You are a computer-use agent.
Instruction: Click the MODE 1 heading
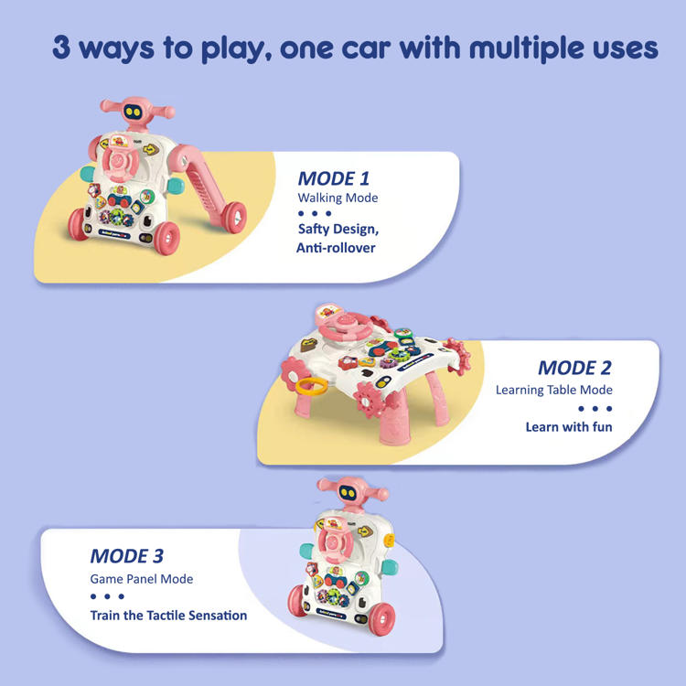[x=333, y=178]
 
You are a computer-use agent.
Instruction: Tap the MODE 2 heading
[x=574, y=368]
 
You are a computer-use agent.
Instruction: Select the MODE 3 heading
[x=127, y=556]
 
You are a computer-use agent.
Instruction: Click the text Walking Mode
[x=338, y=198]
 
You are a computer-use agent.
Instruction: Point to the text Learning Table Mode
[x=554, y=390]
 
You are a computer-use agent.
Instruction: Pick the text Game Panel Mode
[x=141, y=579]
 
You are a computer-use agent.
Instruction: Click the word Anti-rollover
[x=336, y=248]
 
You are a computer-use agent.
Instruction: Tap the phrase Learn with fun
[x=569, y=426]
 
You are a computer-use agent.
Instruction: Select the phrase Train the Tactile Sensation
[x=168, y=616]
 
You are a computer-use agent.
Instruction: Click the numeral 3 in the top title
[x=61, y=48]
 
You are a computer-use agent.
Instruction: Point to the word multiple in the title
[x=526, y=48]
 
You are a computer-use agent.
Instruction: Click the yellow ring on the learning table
[x=312, y=387]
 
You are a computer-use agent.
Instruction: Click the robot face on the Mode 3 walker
[x=348, y=494]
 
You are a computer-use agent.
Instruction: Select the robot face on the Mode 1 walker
[x=132, y=112]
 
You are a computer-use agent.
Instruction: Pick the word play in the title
[x=233, y=49]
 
